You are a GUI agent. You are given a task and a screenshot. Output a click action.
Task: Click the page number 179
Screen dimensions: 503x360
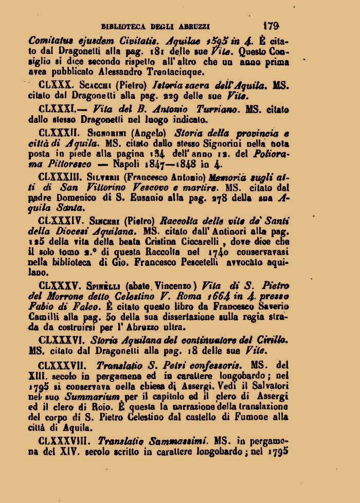coord(271,24)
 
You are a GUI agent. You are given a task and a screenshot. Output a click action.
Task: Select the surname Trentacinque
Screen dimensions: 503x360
coord(166,71)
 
